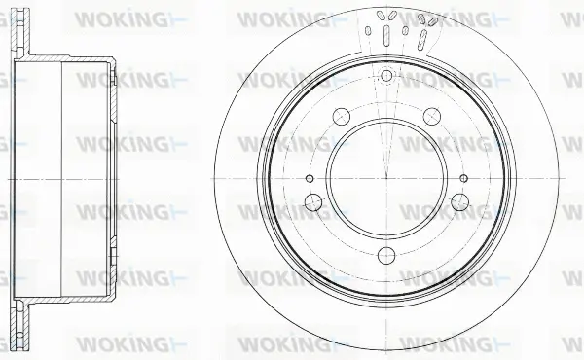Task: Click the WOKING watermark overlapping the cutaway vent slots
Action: coord(443,18)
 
